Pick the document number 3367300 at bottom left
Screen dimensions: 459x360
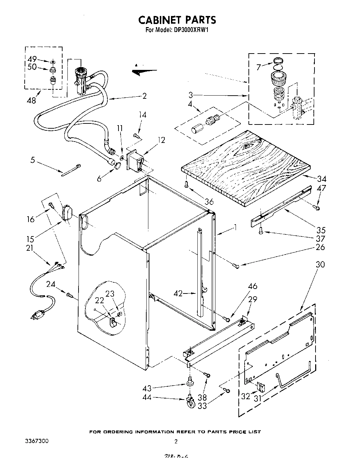pyautogui.click(x=37, y=441)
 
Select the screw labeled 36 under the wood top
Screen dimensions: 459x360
pyautogui.click(x=187, y=184)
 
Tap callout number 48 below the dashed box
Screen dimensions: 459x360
pyautogui.click(x=31, y=100)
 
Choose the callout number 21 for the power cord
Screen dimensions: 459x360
pyautogui.click(x=31, y=248)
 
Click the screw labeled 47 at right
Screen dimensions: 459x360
pyautogui.click(x=317, y=208)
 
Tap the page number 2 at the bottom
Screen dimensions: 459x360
pyautogui.click(x=176, y=442)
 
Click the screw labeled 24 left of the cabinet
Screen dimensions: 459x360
pyautogui.click(x=69, y=295)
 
